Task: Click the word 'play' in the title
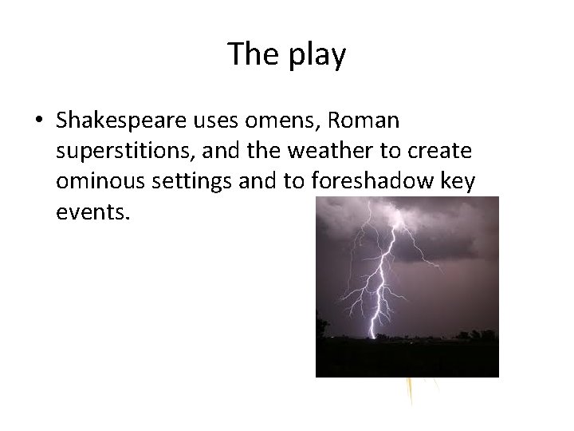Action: [318, 55]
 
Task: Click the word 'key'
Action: [456, 181]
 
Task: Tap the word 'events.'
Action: [91, 212]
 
